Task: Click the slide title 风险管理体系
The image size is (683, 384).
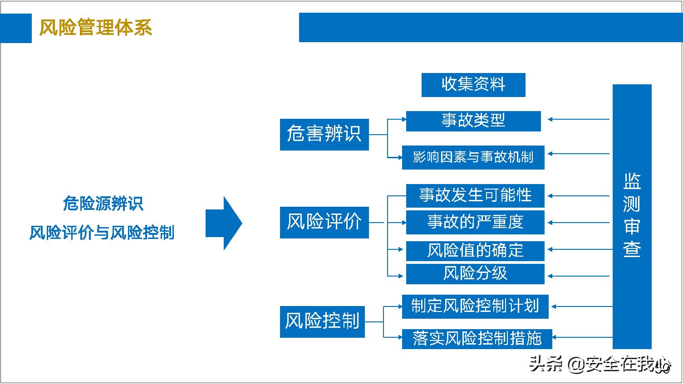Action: coord(95,28)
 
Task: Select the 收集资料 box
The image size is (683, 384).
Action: coord(473,85)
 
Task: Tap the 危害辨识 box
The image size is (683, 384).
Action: coord(324,134)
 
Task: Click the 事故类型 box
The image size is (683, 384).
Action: coord(473,121)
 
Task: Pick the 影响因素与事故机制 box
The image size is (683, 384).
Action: coord(473,157)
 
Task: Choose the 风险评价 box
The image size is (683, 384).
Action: coord(324,222)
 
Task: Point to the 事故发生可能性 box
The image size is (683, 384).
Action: coord(475,195)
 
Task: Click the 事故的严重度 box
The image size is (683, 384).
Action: coord(475,222)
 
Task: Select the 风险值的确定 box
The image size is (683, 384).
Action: coord(475,250)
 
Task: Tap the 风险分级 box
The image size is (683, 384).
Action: coord(475,274)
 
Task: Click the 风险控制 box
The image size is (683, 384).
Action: coord(322,321)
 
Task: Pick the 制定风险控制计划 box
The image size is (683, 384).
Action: coord(475,306)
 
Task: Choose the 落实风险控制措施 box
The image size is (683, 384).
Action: coord(477,339)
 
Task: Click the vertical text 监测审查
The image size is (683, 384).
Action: coord(632,216)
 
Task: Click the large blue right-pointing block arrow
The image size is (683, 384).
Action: coord(223,223)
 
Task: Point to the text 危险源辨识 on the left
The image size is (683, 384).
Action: coord(103,204)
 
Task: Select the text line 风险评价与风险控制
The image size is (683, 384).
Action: coord(102,233)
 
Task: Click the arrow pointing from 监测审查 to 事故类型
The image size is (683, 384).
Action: coord(578,120)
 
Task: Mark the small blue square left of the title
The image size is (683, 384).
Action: coord(16,28)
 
